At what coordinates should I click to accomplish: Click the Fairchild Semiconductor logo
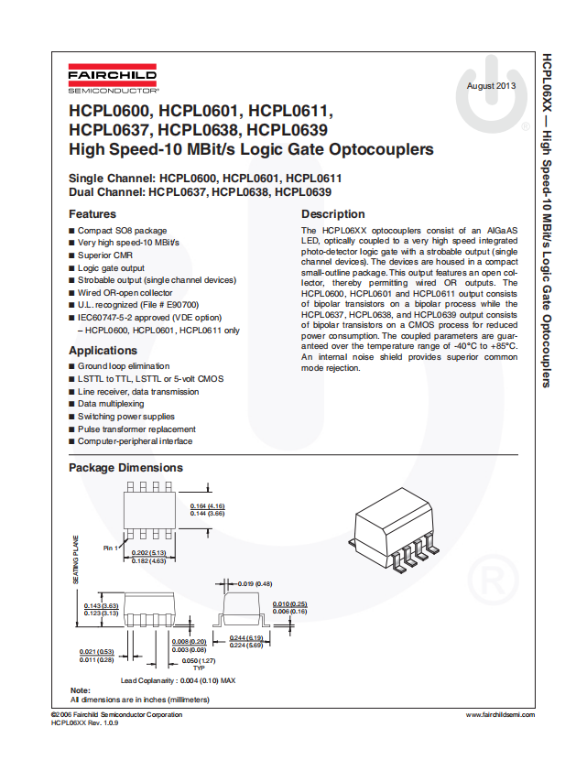coord(113,81)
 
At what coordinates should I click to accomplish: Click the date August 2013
coord(492,86)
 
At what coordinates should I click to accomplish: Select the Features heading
coord(92,214)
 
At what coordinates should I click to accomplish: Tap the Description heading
coord(332,214)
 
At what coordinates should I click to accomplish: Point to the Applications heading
coord(103,351)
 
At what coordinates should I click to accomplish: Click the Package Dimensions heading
coord(125,468)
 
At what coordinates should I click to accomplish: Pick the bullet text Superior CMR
coord(105,255)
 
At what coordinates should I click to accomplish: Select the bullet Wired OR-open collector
coord(125,293)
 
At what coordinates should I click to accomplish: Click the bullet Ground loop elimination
coord(124,366)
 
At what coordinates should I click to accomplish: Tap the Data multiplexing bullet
coord(111,404)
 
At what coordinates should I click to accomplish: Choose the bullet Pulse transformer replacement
coord(136,429)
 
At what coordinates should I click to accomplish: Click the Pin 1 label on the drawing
coord(111,548)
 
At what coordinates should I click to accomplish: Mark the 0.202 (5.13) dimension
coord(148,553)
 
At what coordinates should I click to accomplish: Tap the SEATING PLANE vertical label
coord(77,559)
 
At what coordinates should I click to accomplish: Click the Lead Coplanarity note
coord(179,680)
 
